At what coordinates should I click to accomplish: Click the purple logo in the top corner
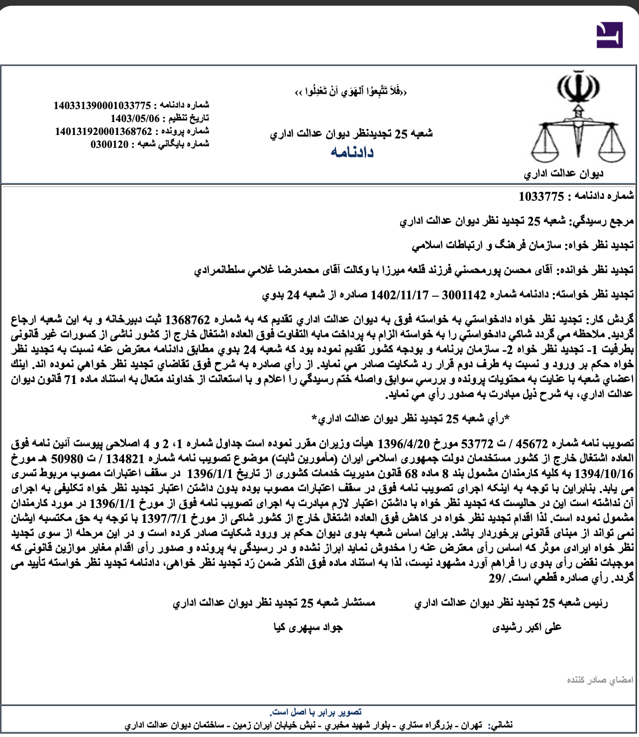pos(609,35)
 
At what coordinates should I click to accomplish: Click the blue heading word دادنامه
pos(352,152)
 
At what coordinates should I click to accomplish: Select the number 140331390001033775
pos(102,106)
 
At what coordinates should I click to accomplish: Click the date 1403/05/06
pos(135,119)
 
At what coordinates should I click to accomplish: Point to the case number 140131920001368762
pos(104,131)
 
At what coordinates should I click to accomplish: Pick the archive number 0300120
pos(109,144)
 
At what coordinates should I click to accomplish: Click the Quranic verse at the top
pos(351,92)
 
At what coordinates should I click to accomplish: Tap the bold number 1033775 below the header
pos(541,197)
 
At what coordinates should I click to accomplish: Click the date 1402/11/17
pos(400,295)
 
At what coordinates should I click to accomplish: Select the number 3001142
pos(464,295)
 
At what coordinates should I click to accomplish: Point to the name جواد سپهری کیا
pos(308,627)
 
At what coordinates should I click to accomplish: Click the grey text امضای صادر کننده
pos(600,680)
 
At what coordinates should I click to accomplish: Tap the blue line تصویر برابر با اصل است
pos(316,712)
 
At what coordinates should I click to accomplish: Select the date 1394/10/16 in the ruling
pos(604,473)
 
